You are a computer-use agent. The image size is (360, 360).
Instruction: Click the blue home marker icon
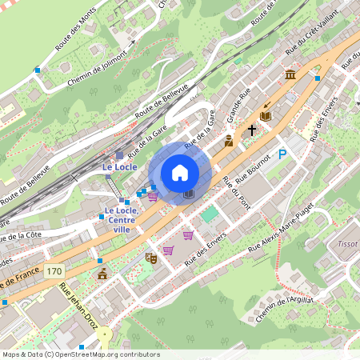pyautogui.click(x=180, y=173)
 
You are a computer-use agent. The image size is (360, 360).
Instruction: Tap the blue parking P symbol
pyautogui.click(x=282, y=154)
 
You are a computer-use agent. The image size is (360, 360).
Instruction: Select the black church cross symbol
pyautogui.click(x=252, y=130)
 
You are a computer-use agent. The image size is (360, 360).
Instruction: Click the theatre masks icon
pyautogui.click(x=150, y=258)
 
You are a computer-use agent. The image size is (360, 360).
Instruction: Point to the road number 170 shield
pyautogui.click(x=54, y=273)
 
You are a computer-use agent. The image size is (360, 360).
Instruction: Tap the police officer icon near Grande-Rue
pyautogui.click(x=229, y=142)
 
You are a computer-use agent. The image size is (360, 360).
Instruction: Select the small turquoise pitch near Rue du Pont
pyautogui.click(x=209, y=214)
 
